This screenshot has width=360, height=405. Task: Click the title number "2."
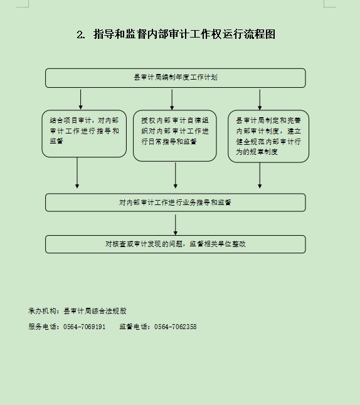[81, 34]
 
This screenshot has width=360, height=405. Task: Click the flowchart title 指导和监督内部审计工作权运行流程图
[184, 34]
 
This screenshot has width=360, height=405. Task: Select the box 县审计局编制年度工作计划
[176, 78]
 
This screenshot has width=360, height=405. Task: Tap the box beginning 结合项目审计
[84, 134]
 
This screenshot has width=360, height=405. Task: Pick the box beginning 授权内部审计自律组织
[175, 136]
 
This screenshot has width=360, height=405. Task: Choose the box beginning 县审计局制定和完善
[268, 137]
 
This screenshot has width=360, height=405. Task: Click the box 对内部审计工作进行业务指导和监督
[176, 202]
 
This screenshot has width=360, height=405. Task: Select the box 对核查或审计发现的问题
[176, 244]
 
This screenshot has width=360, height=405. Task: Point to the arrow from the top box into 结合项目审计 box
[81, 100]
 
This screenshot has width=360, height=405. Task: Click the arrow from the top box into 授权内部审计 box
[172, 100]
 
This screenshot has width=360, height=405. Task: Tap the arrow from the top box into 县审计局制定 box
[260, 100]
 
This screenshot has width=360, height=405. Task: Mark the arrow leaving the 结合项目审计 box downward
[77, 172]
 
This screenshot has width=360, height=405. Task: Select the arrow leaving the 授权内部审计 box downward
[176, 175]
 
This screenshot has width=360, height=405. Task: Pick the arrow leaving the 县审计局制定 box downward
[260, 176]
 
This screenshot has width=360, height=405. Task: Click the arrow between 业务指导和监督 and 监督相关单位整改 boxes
[176, 224]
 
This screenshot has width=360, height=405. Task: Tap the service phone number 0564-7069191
[84, 327]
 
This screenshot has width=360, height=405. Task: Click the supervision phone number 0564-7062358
[175, 327]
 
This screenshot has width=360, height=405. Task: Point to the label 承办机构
[43, 311]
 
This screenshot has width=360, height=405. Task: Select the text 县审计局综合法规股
[95, 311]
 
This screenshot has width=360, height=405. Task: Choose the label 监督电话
[134, 327]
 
